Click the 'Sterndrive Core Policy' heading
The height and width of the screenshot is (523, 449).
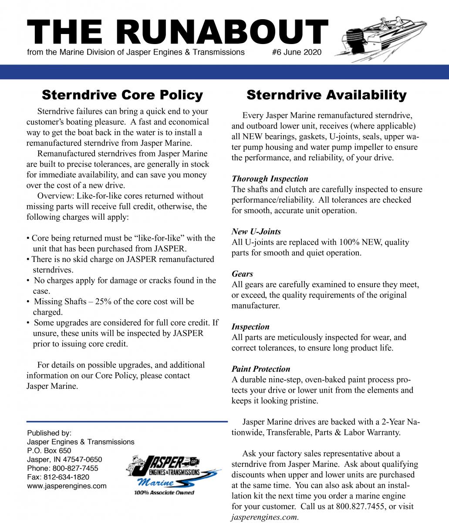122,95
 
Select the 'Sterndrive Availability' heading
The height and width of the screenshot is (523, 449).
326,95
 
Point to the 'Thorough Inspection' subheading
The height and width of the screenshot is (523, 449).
270,179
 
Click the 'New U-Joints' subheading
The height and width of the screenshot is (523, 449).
256,231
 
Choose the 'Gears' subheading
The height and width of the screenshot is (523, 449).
242,274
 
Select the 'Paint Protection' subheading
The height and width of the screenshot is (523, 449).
260,369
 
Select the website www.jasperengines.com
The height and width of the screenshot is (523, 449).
67,486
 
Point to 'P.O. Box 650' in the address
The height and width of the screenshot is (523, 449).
49,451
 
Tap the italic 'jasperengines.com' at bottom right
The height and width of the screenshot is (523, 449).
265,517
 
